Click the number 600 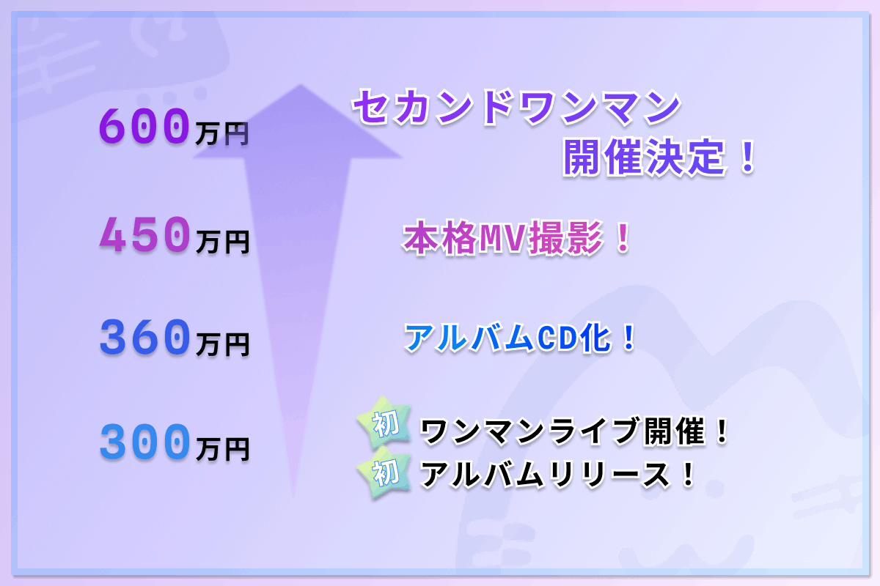click(x=144, y=126)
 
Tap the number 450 click(x=144, y=234)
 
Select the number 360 click(x=144, y=337)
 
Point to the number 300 click(x=144, y=442)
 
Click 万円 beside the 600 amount click(x=222, y=134)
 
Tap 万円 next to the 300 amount click(x=222, y=450)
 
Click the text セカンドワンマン click(x=516, y=107)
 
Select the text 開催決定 click(x=644, y=157)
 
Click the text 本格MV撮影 click(x=503, y=238)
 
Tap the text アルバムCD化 click(x=507, y=337)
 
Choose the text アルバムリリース click(x=544, y=475)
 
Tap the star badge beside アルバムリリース click(x=384, y=472)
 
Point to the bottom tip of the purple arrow click(x=293, y=497)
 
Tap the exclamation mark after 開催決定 click(x=747, y=157)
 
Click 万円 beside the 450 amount click(x=222, y=242)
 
